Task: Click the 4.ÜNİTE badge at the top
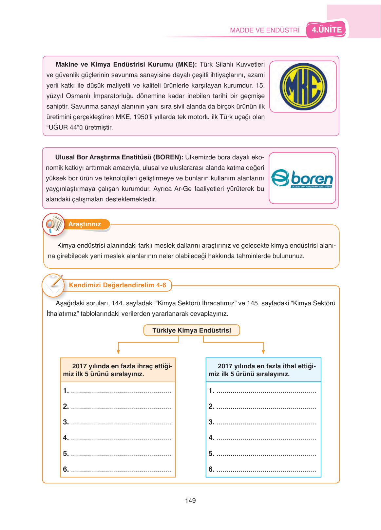tap(327, 30)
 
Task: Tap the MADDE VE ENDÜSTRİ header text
tap(265, 30)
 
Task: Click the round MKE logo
tap(303, 87)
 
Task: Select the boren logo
tap(302, 178)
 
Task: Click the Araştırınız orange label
tap(85, 224)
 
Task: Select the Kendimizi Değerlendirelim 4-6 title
tap(117, 285)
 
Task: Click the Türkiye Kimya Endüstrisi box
tap(192, 330)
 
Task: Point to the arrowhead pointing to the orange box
tap(118, 352)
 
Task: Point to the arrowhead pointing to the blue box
tap(263, 352)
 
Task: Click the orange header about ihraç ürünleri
tap(118, 370)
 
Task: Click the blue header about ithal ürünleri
tap(263, 370)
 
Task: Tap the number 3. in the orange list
tap(66, 422)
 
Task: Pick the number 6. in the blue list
tap(211, 469)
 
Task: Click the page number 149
tap(190, 500)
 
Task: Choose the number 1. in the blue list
tap(211, 391)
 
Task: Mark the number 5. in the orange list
tap(66, 454)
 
